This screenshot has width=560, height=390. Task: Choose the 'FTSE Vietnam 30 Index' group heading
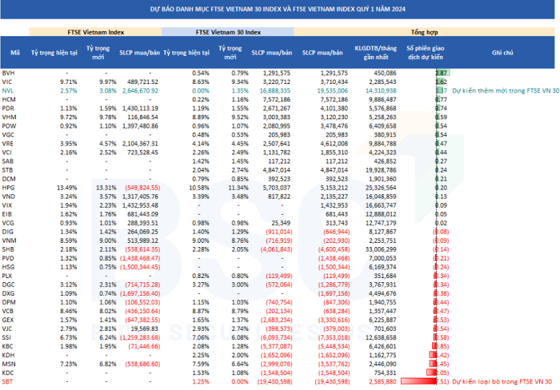click(228, 33)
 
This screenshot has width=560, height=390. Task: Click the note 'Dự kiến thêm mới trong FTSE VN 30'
click(502, 90)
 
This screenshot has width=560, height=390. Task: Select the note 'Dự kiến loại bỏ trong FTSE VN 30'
click(502, 383)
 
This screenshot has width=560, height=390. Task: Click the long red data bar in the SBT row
click(420, 383)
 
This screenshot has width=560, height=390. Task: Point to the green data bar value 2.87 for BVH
click(441, 73)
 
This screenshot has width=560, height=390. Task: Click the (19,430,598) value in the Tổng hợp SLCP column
click(328, 383)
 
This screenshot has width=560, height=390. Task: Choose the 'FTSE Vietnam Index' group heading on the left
click(95, 33)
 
